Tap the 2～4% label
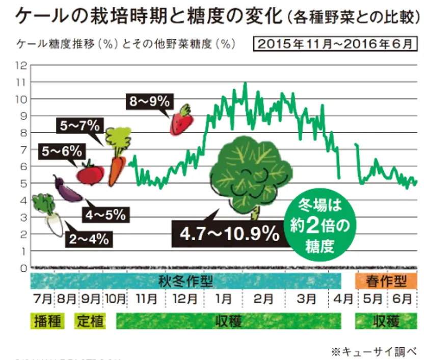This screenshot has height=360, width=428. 89,239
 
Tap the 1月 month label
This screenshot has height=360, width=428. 223,299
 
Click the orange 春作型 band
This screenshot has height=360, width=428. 386,280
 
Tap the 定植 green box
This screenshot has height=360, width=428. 90,321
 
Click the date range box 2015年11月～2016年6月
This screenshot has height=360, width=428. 335,44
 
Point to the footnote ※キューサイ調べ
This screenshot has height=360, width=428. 374,351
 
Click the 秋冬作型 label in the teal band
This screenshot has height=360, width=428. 186,280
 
